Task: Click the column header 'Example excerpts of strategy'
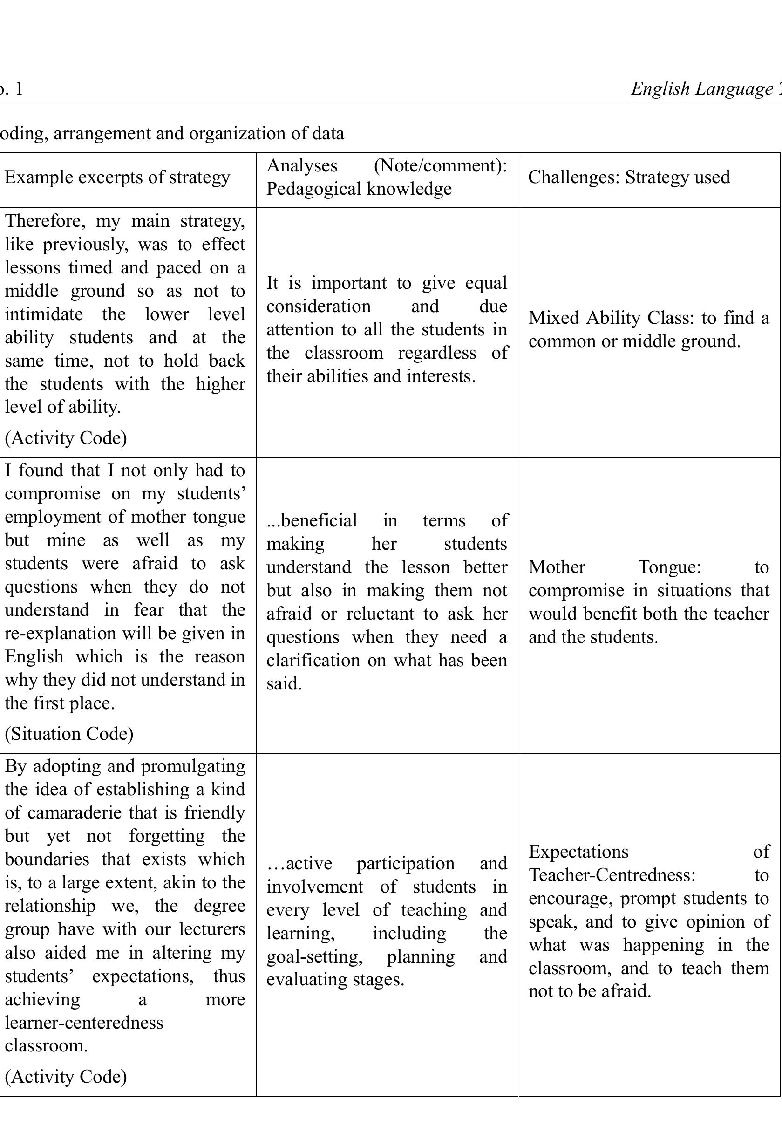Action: tap(117, 177)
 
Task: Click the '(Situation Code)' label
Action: tap(69, 733)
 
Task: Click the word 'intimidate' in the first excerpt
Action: tap(44, 314)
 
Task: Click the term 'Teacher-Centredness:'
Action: tap(612, 875)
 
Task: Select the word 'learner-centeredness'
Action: tap(84, 1022)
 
